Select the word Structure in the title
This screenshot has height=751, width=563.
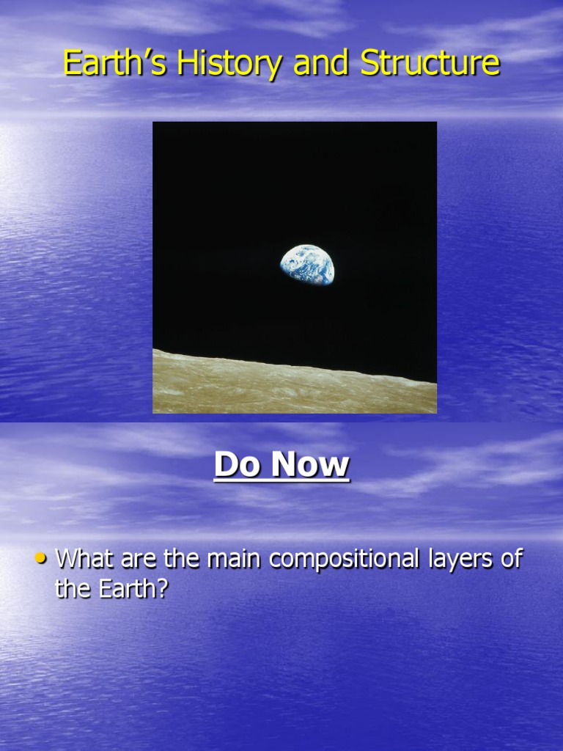[430, 63]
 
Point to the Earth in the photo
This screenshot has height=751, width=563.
[307, 266]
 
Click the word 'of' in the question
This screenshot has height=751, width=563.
[511, 559]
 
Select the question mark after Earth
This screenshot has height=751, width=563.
[163, 588]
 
